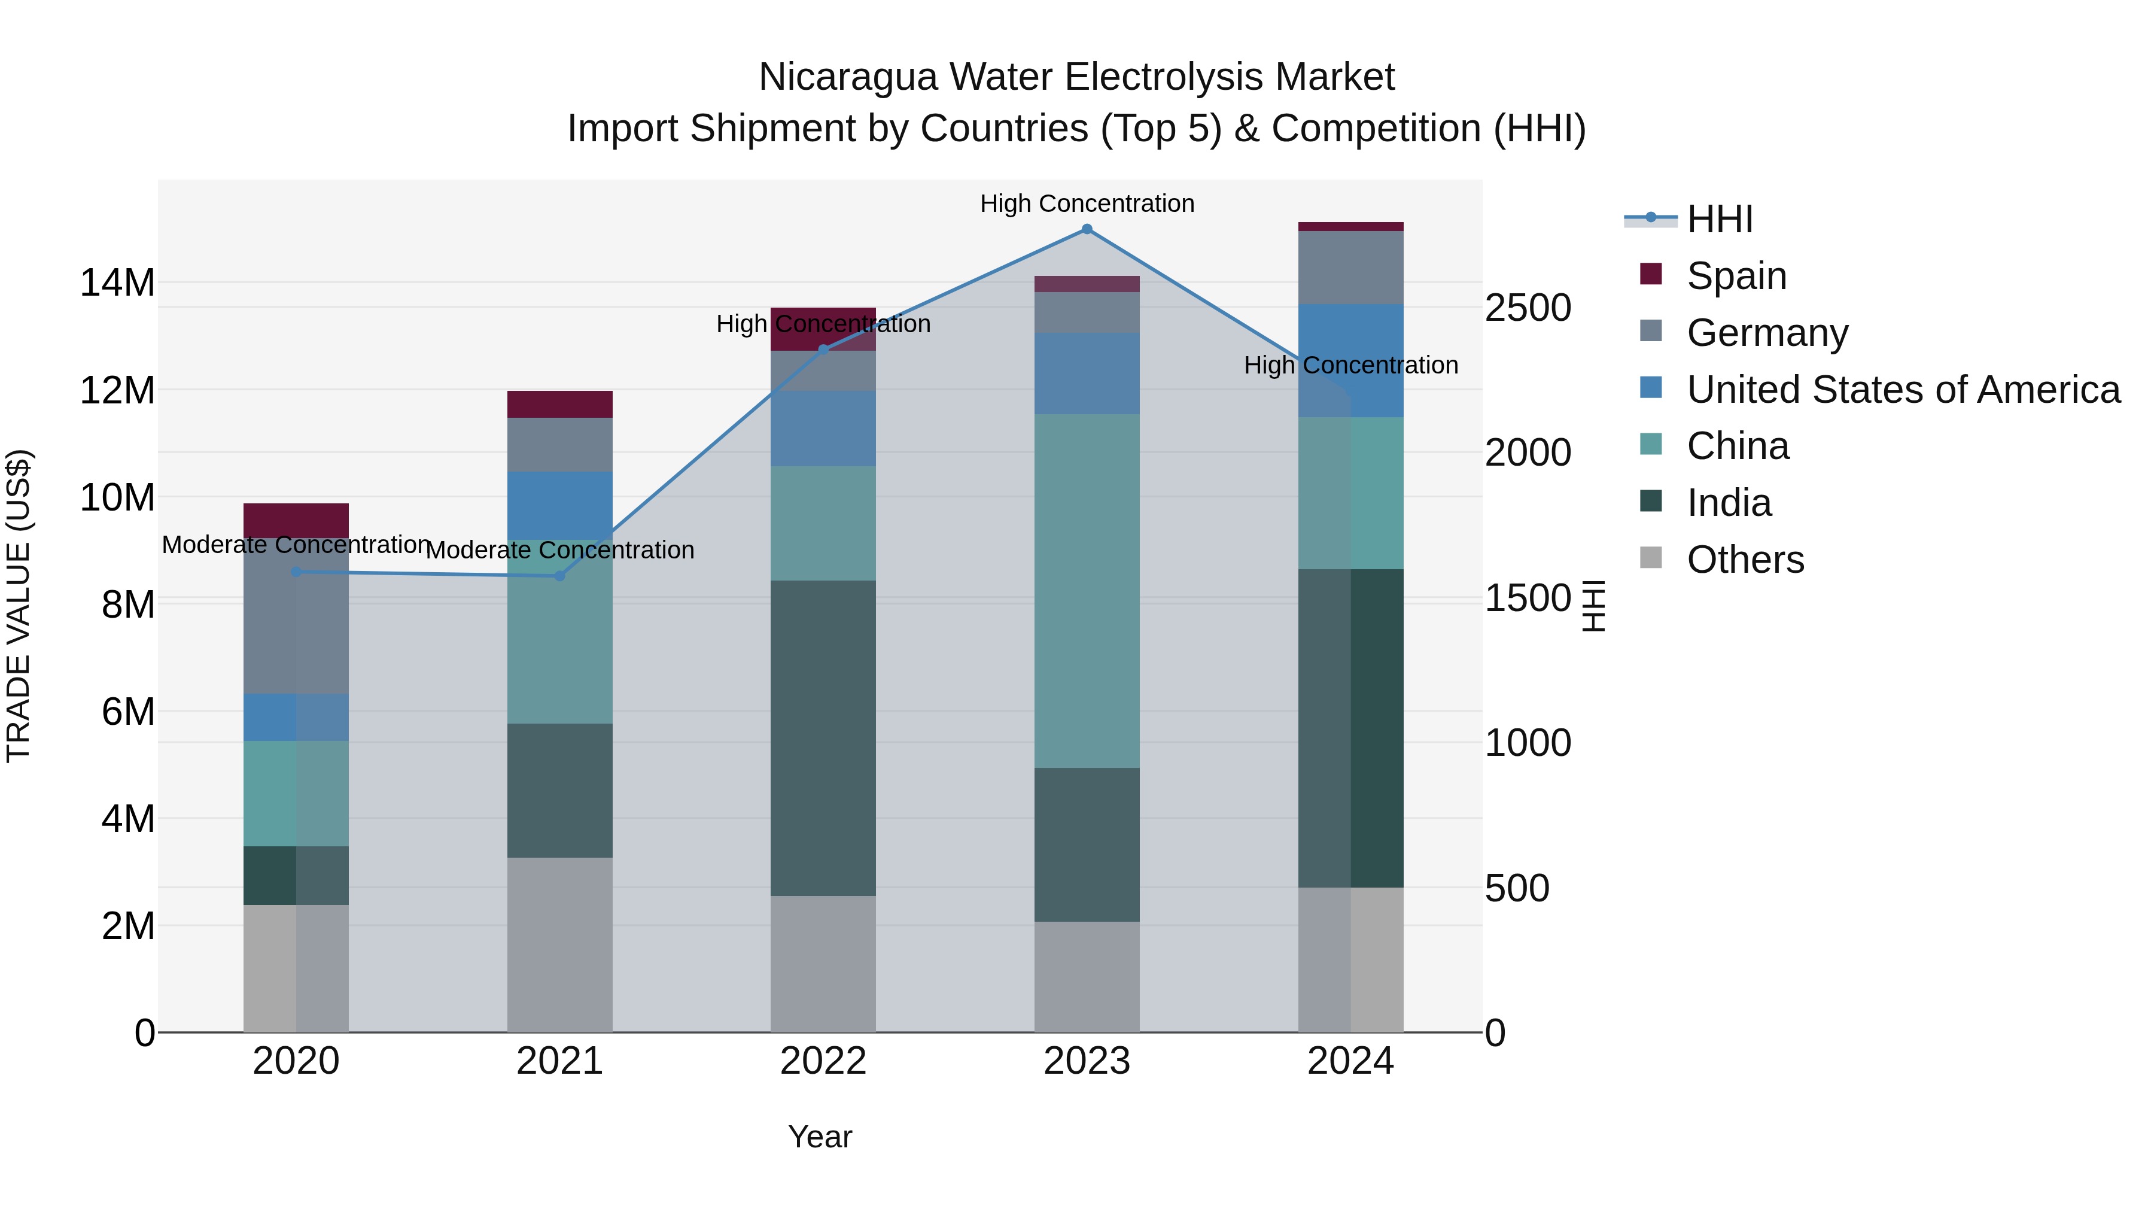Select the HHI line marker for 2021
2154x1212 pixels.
[560, 575]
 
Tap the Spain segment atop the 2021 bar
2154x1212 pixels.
[560, 404]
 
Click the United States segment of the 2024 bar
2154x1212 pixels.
[1350, 360]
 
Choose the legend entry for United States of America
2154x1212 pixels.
[1902, 390]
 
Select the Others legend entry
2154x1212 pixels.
[1745, 560]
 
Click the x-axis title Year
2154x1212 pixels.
[820, 1137]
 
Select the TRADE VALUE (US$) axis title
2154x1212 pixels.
[19, 606]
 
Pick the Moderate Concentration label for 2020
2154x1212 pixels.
[296, 545]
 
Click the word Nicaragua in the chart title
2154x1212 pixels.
[848, 77]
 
